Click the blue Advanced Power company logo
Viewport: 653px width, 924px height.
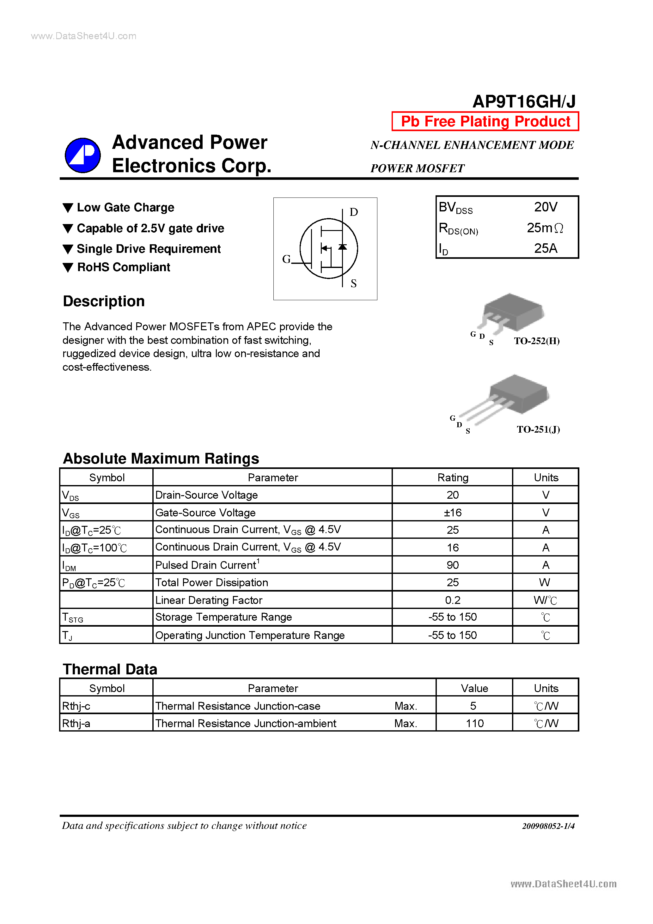[82, 155]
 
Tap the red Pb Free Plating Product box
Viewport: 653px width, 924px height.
[485, 121]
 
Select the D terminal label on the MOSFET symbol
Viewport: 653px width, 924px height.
[353, 212]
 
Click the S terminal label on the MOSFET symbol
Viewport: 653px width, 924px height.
[353, 284]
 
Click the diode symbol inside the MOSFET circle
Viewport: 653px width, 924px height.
[343, 247]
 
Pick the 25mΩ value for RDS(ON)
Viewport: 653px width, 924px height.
[545, 228]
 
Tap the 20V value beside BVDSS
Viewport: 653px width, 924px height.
[546, 207]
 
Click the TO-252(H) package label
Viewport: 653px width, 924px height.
[537, 341]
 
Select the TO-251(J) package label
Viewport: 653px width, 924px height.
[538, 429]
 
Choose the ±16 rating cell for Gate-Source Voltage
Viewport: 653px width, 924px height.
[453, 512]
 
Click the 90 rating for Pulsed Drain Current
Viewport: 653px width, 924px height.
[453, 565]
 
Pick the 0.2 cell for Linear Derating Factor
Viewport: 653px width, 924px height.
[453, 600]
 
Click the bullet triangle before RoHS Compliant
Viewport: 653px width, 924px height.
[68, 268]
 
